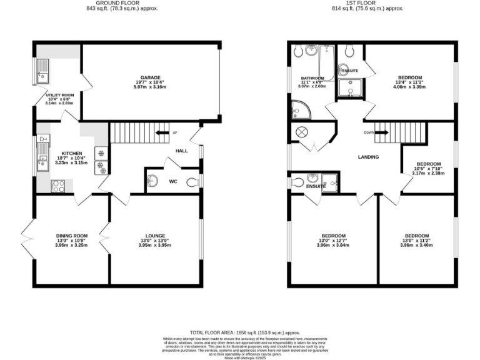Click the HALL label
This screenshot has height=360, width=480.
[181, 151]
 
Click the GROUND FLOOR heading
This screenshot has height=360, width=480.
[122, 2]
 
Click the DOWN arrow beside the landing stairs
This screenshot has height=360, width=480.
[371, 132]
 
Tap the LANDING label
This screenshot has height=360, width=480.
[368, 157]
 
